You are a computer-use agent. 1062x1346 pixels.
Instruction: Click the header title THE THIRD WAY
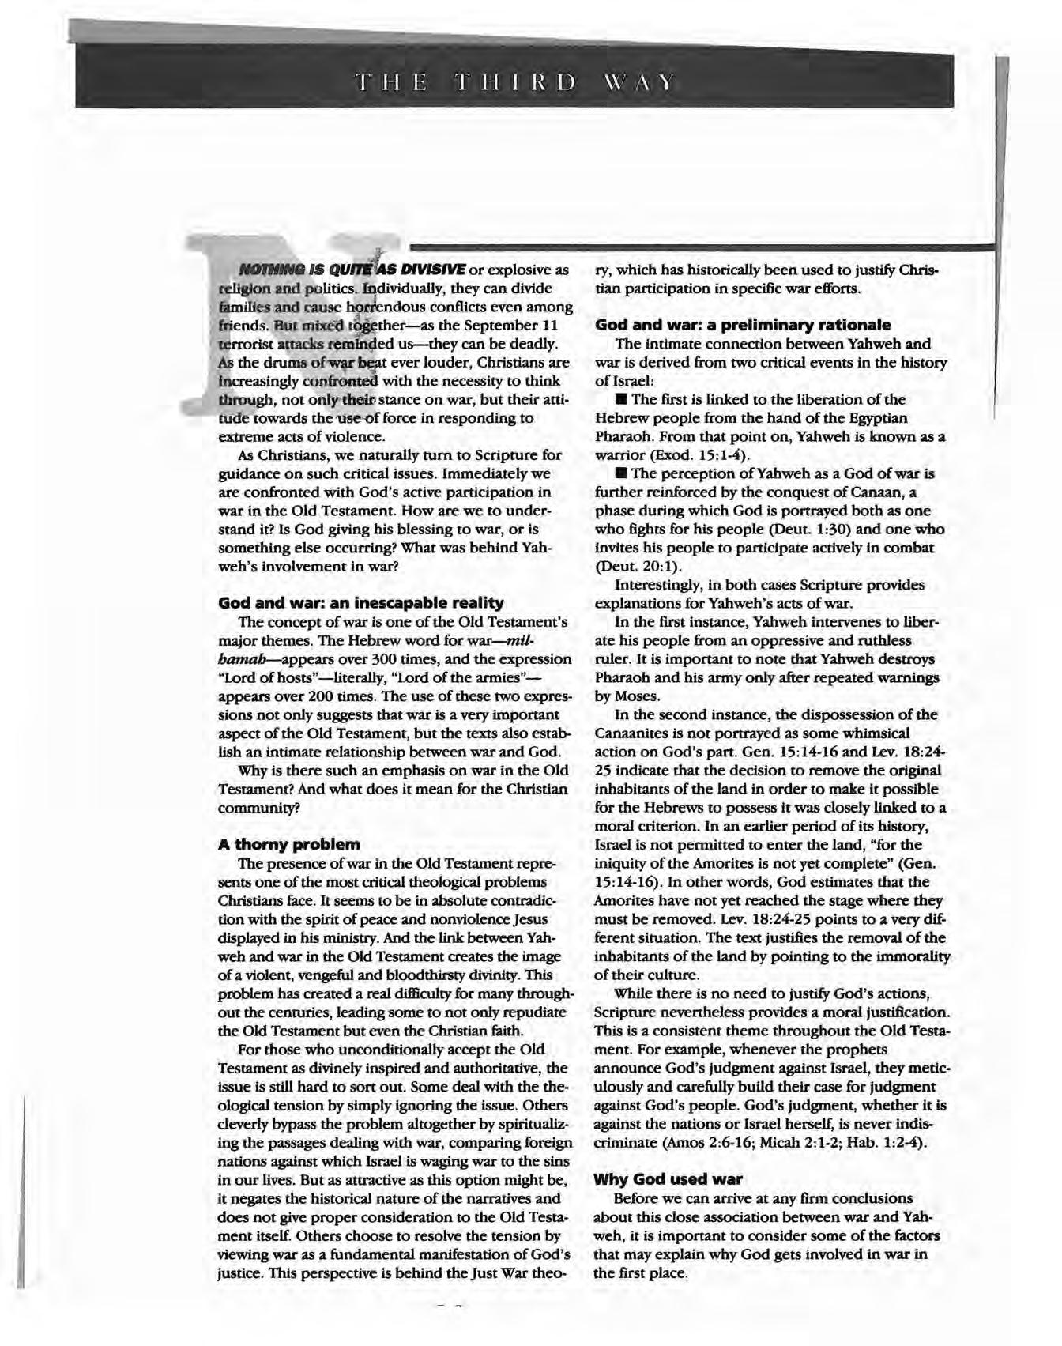[x=515, y=82]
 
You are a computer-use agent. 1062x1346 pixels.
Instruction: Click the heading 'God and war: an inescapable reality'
[x=360, y=603]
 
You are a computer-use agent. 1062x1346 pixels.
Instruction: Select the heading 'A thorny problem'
[x=289, y=844]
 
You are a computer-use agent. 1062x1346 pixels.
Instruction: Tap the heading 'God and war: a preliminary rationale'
[x=743, y=326]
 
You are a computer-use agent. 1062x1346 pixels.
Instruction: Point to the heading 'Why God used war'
[x=668, y=1179]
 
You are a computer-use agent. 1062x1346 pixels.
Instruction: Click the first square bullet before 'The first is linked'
[x=621, y=400]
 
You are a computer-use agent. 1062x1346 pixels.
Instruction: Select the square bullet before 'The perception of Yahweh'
[x=621, y=474]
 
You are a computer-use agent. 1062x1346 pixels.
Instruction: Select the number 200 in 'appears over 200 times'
[x=318, y=696]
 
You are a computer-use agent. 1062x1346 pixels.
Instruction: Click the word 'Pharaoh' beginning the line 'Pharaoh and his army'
[x=621, y=678]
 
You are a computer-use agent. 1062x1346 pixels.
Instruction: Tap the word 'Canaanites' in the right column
[x=635, y=733]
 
